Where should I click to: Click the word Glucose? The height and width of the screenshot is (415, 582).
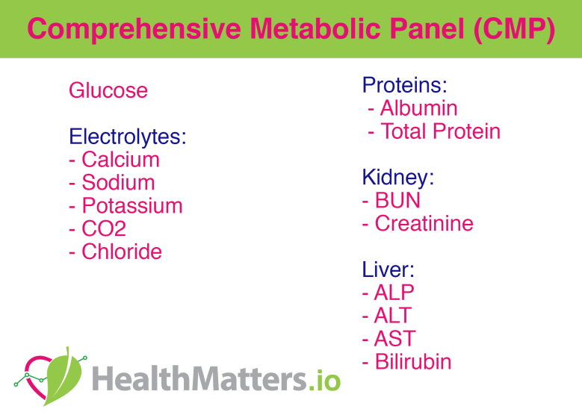[x=108, y=91]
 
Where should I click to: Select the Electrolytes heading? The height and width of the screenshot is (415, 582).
[x=127, y=137]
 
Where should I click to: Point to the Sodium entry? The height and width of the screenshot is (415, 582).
[x=118, y=183]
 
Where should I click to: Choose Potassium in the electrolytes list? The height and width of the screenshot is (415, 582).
[x=131, y=206]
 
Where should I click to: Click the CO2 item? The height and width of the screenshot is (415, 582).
[x=104, y=229]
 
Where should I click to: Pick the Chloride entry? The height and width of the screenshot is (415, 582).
[x=121, y=252]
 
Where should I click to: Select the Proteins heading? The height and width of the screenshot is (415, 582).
[x=404, y=86]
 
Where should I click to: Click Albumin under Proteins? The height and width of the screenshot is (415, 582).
[x=418, y=109]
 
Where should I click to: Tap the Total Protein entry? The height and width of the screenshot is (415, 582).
[x=440, y=132]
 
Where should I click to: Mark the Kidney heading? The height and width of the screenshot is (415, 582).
[x=398, y=178]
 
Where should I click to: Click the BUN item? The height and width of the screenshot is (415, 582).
[x=397, y=201]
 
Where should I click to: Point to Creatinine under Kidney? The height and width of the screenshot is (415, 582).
[x=424, y=224]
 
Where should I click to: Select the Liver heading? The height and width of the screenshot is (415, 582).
[x=388, y=269]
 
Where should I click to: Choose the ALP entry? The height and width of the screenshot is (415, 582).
[x=394, y=293]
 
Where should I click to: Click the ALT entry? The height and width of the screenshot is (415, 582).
[x=393, y=316]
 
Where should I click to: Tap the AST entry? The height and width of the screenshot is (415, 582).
[x=395, y=339]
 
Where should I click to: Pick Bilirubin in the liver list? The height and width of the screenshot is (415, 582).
[x=413, y=362]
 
